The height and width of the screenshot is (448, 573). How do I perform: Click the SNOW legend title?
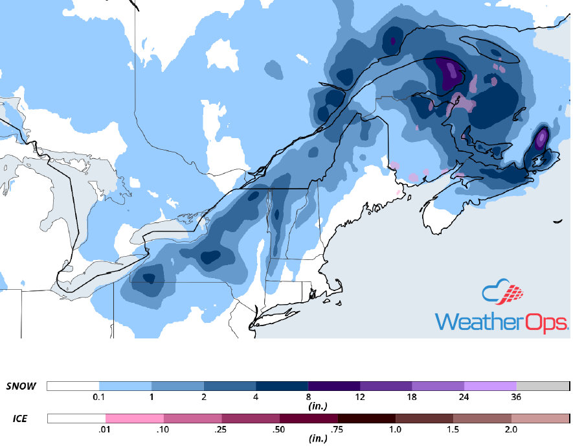click(x=21, y=386)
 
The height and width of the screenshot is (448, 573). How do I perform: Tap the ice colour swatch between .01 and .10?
click(x=135, y=419)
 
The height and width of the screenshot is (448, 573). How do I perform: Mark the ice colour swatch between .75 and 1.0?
click(x=366, y=419)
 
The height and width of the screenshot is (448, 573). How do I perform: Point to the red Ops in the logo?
click(x=551, y=322)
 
